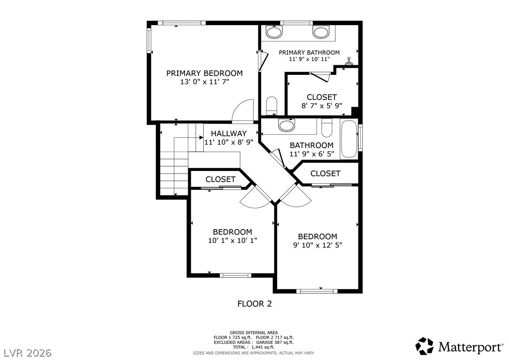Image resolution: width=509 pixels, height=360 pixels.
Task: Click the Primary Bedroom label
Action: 204,73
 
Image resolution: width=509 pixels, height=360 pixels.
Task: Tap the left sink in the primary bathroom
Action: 274,32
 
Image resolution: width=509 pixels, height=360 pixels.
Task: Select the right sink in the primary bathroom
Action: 321,32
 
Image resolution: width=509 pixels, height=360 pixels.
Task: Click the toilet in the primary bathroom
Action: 271,105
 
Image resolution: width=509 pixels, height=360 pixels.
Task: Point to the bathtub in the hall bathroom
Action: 349,139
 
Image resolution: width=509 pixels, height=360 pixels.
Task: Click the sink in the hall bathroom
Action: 287,125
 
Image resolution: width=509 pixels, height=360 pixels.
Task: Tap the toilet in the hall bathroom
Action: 326,128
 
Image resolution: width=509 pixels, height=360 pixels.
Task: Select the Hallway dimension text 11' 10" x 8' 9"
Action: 228,142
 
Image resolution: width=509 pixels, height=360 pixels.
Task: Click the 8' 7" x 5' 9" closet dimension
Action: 322,106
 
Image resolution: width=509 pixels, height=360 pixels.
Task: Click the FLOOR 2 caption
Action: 254,304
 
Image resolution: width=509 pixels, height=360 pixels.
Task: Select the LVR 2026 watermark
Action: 28,353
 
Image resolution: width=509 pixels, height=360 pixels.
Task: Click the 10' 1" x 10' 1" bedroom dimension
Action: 232,241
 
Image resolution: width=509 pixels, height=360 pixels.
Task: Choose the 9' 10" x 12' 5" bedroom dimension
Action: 317,245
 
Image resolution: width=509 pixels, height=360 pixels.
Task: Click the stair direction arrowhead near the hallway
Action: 201,137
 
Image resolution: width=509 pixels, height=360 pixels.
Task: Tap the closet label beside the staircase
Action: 220,179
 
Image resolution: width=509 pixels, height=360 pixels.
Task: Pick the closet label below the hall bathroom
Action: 325,173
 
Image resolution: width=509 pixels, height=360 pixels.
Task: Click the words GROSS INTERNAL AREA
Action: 254,332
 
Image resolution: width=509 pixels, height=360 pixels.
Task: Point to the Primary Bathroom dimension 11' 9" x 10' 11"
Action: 310,59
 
